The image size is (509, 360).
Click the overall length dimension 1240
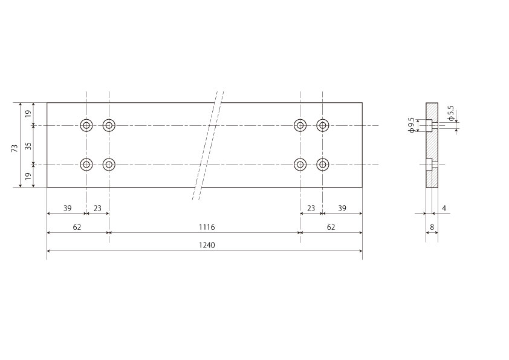(207, 245)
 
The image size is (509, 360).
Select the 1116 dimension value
(207, 227)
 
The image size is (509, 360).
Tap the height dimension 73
(15, 148)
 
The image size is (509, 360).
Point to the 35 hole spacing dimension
(28, 146)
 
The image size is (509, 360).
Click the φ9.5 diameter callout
(411, 125)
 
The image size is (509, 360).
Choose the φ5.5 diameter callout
(450, 113)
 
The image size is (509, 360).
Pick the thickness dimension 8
(432, 227)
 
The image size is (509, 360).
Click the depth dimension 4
(444, 208)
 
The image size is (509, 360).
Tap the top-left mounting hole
(86, 125)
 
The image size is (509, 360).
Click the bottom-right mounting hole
(323, 165)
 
